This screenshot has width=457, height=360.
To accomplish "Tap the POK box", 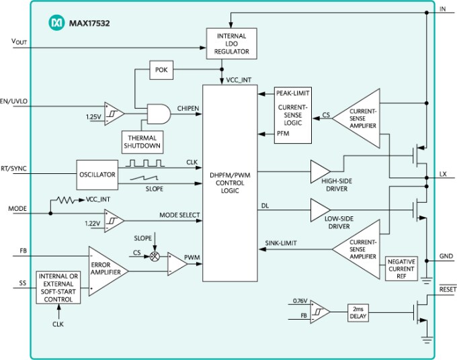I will [161, 70].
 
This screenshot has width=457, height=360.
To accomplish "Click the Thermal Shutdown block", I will [141, 142].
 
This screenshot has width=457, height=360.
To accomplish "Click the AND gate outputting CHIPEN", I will [158, 114].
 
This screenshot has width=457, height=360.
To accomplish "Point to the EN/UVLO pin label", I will [13, 102].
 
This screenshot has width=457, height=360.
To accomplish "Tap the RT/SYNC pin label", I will [14, 169].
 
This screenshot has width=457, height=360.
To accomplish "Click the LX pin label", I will [443, 174].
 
